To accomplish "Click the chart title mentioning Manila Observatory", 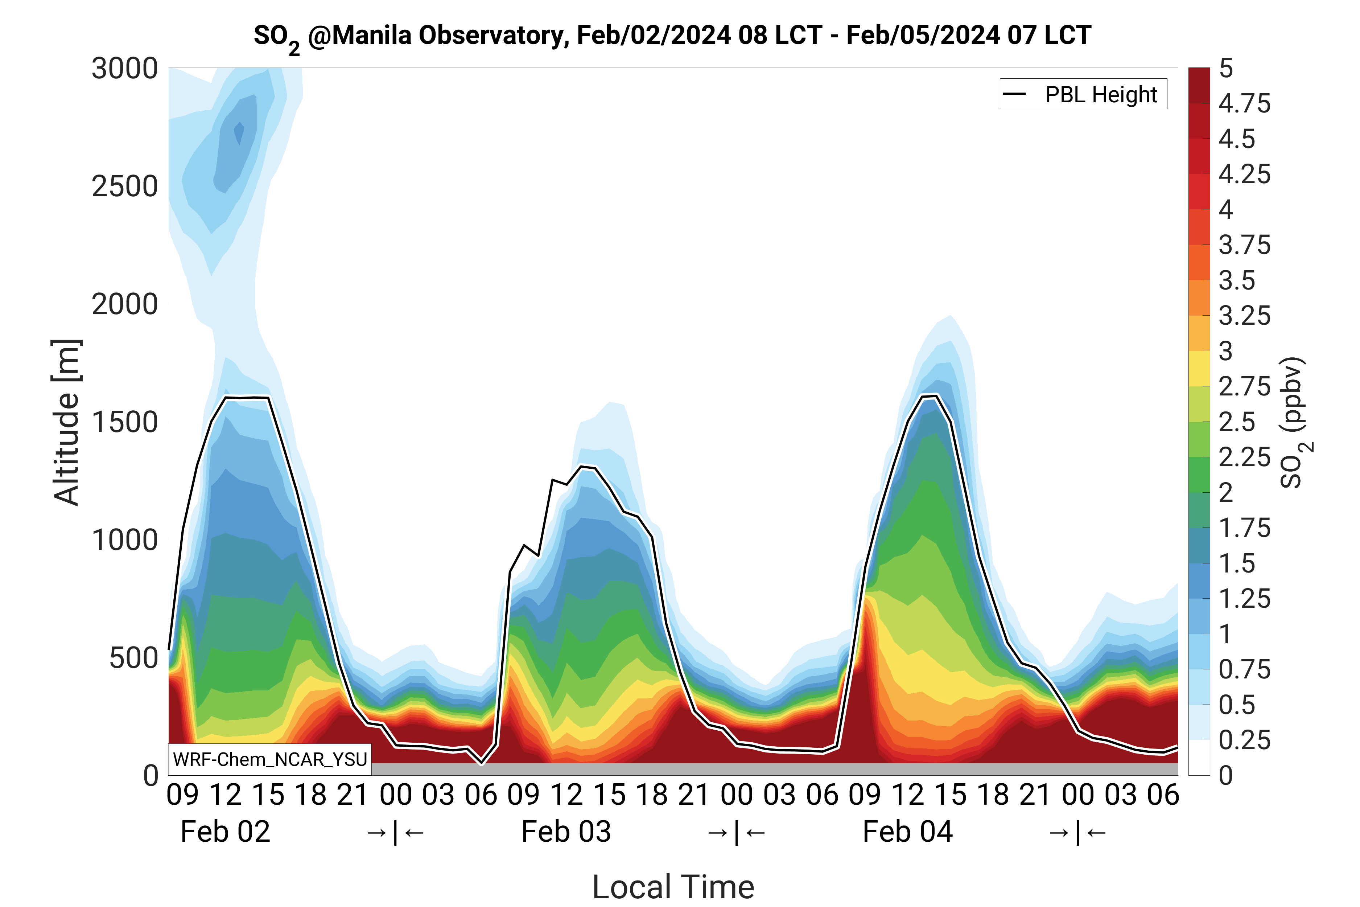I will pos(672,36).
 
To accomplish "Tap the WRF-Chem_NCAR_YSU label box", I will pos(269,759).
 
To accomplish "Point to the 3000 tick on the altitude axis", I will pos(124,69).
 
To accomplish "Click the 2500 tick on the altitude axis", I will pos(124,187).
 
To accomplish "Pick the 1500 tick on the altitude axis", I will pos(124,422).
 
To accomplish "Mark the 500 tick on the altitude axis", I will pos(133,658).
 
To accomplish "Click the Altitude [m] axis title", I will pos(66,422).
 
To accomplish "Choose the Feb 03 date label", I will pos(566,832).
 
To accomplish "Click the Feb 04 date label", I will pos(907,832).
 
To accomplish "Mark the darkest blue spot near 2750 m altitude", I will pos(239,132).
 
